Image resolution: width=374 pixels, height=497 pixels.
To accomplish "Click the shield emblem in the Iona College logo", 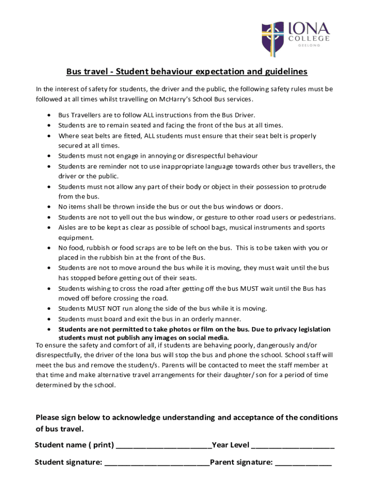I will click(272, 38).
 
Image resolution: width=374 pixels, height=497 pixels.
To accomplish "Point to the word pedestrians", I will click(315, 217).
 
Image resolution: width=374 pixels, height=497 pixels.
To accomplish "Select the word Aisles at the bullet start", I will click(67, 228).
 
